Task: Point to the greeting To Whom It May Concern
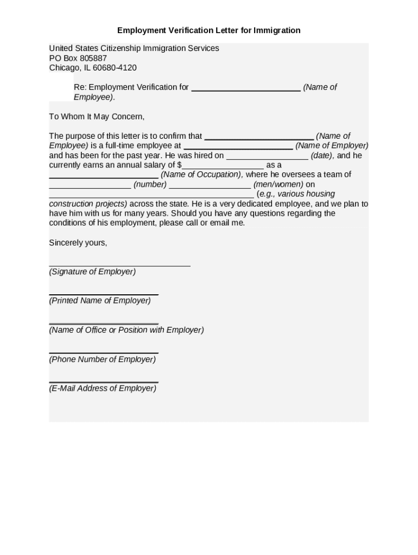point(97,117)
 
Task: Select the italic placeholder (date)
point(321,156)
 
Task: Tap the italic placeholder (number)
point(150,184)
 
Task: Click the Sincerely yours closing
point(78,243)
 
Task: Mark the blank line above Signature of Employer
point(119,265)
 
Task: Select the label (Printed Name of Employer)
point(100,300)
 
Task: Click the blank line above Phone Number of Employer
point(103,353)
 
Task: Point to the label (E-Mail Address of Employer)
point(103,388)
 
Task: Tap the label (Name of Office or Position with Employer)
point(126,330)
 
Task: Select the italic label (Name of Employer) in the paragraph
point(332,146)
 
